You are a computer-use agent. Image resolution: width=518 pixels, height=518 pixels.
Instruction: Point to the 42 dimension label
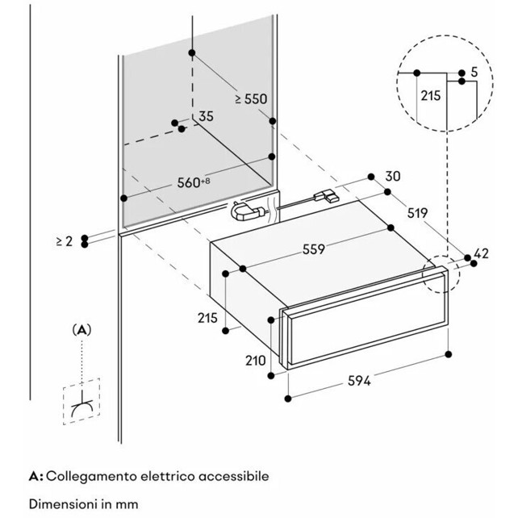(x=481, y=254)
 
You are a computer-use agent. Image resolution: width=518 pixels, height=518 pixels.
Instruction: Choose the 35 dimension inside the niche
(x=206, y=116)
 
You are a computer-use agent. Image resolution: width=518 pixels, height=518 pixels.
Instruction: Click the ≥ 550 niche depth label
(x=251, y=98)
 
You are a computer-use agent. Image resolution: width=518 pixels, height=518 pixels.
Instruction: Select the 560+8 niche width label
(x=194, y=182)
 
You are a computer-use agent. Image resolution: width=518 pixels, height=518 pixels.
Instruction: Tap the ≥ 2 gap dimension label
(x=65, y=240)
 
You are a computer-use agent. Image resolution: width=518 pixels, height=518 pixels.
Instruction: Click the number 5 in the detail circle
(x=474, y=73)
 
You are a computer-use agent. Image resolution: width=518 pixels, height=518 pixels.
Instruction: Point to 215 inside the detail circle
(x=431, y=95)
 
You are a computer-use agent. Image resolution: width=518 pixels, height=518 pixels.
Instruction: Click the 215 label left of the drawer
(x=208, y=318)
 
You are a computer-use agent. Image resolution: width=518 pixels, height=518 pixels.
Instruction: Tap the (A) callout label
(x=82, y=329)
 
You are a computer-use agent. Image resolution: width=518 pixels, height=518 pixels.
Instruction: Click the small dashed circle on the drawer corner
(x=439, y=275)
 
